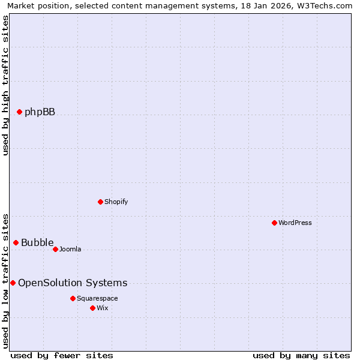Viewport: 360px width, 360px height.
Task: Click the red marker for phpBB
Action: click(x=19, y=112)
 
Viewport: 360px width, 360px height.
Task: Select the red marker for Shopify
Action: click(x=100, y=202)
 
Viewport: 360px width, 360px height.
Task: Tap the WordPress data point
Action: click(x=274, y=223)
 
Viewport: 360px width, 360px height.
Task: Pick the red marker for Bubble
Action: click(x=16, y=242)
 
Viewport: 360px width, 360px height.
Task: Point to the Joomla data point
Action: click(x=55, y=249)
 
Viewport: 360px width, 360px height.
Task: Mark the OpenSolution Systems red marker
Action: click(x=13, y=283)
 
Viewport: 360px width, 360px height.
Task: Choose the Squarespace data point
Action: click(x=73, y=298)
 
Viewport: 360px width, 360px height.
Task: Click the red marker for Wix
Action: click(x=92, y=308)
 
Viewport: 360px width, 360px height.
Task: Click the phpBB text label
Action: click(x=40, y=112)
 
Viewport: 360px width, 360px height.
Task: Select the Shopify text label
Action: click(x=116, y=202)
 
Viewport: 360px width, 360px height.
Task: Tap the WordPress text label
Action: click(x=295, y=223)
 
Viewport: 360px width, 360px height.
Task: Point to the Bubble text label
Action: click(x=37, y=243)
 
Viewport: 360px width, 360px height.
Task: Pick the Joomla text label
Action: click(x=70, y=250)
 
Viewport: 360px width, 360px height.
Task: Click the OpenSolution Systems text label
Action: click(x=73, y=283)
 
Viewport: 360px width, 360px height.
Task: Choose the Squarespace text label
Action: click(x=97, y=299)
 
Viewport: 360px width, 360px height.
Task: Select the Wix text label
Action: click(x=103, y=308)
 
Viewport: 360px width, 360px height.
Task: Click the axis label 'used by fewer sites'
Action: click(x=62, y=355)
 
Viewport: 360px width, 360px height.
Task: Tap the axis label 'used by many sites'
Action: click(x=301, y=355)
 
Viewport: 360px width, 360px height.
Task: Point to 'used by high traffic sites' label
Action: click(x=5, y=85)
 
